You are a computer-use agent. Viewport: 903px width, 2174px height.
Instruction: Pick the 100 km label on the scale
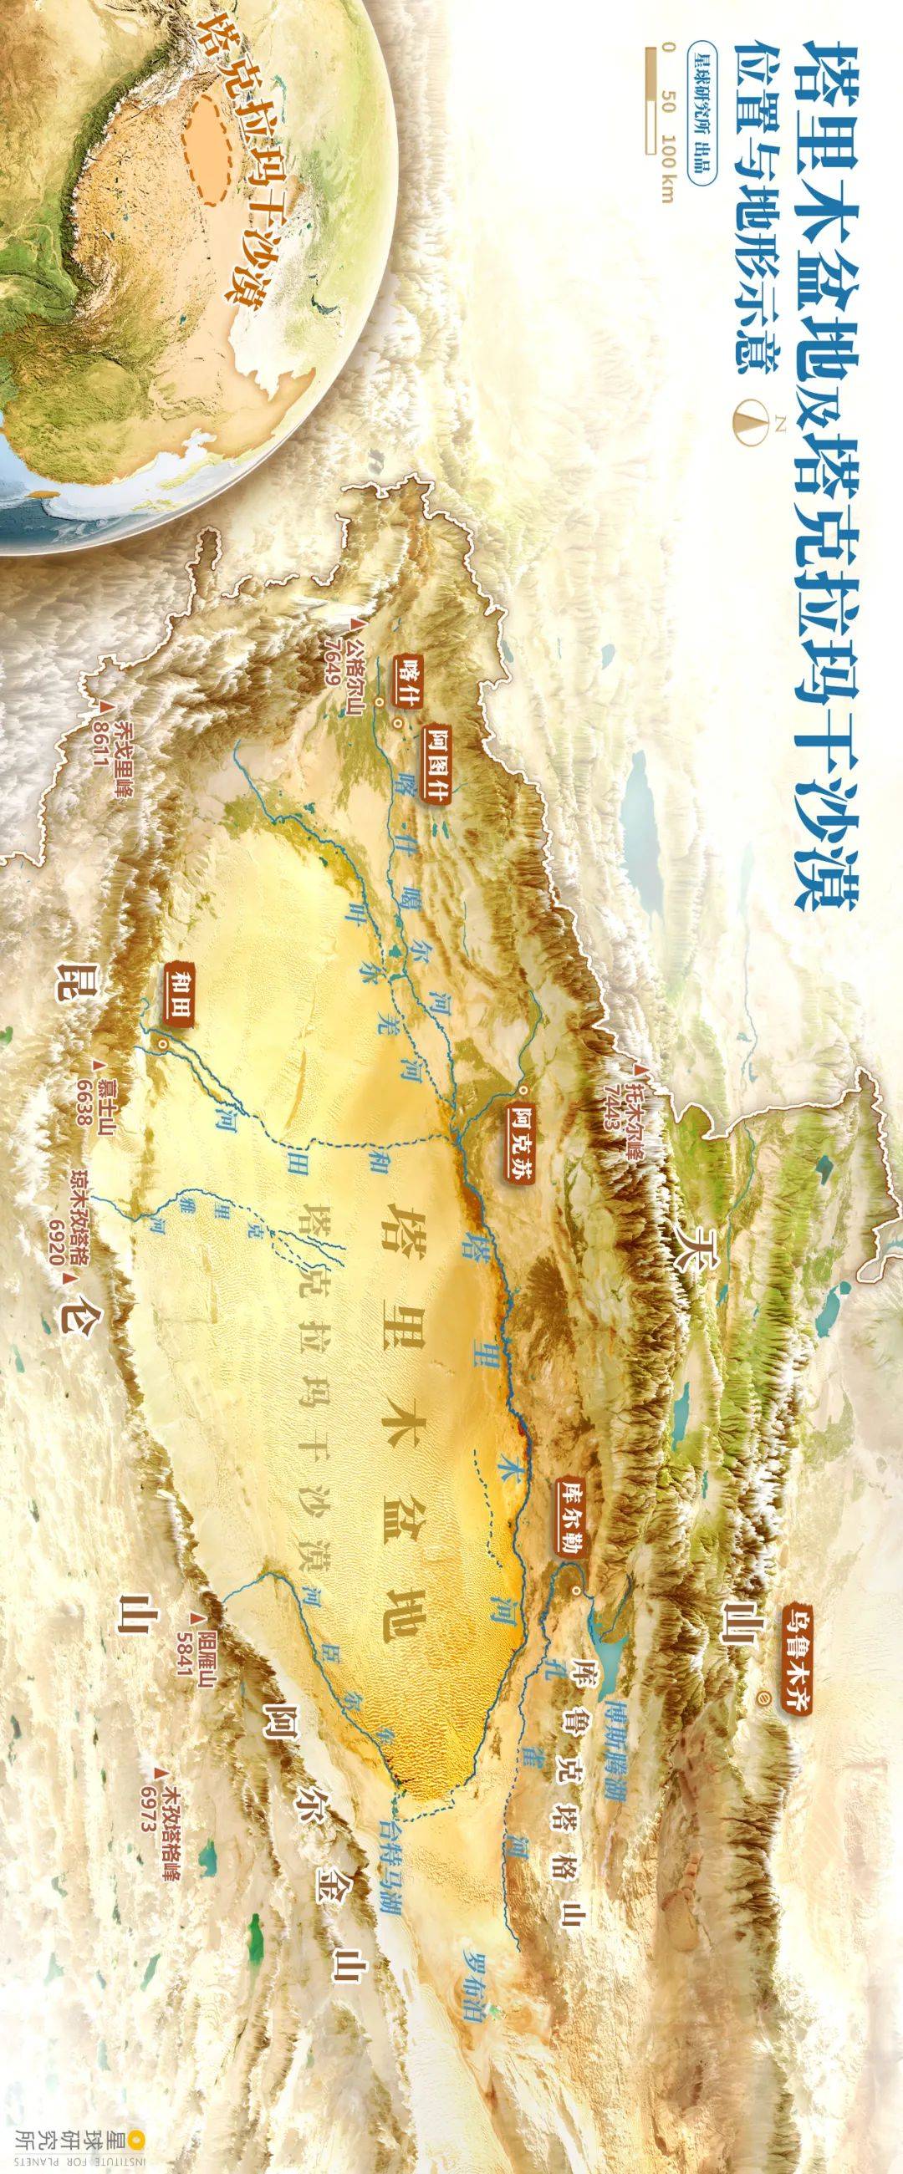(668, 172)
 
